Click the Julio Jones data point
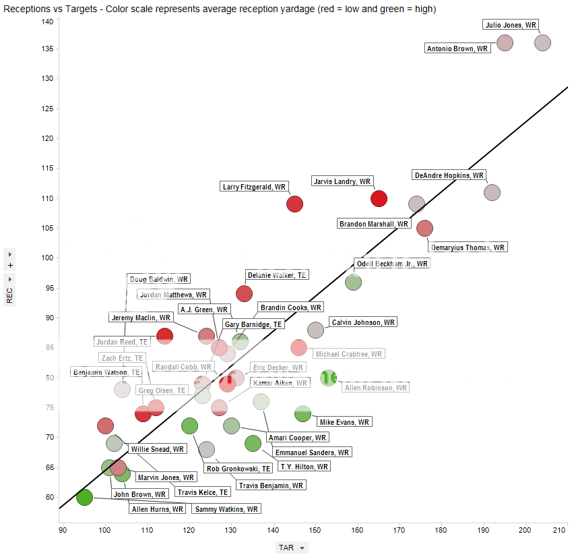542,42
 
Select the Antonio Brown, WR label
457,49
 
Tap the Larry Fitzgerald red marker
294,204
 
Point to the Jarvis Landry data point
379,198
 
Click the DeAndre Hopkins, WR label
449,175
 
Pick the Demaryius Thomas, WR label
468,247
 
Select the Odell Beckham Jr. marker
353,282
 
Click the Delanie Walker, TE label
277,275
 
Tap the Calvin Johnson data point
315,330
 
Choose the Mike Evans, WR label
344,422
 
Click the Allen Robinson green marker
328,378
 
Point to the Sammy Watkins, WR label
225,509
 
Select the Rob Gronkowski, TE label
238,468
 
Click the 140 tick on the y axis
48,22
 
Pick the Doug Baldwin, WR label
159,278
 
